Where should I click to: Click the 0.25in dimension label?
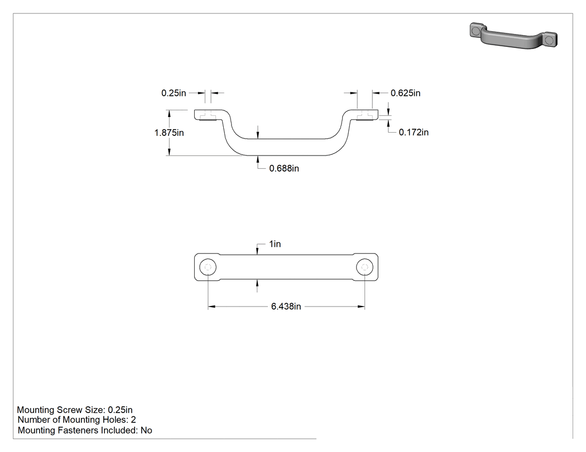pos(174,93)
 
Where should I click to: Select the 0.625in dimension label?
pos(406,93)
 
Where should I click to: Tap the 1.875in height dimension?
pos(169,133)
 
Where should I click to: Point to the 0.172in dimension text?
pos(414,132)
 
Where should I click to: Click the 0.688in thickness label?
pos(284,168)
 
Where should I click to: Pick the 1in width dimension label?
pos(275,244)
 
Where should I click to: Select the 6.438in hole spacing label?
pos(286,307)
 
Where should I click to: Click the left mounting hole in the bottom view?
pos(208,268)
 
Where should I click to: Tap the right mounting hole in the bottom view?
pos(365,268)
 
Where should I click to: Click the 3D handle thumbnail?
pos(513,36)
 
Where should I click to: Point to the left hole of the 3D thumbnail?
pos(475,30)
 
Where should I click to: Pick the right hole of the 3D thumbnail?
pos(549,40)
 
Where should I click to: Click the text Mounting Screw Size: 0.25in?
pos(75,410)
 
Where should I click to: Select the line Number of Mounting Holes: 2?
pos(76,420)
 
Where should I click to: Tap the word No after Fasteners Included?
pos(146,430)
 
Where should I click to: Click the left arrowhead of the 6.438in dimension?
pos(212,307)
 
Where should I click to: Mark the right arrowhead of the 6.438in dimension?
pos(361,307)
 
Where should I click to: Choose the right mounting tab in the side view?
pos(364,115)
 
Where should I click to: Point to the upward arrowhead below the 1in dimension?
pos(257,284)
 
